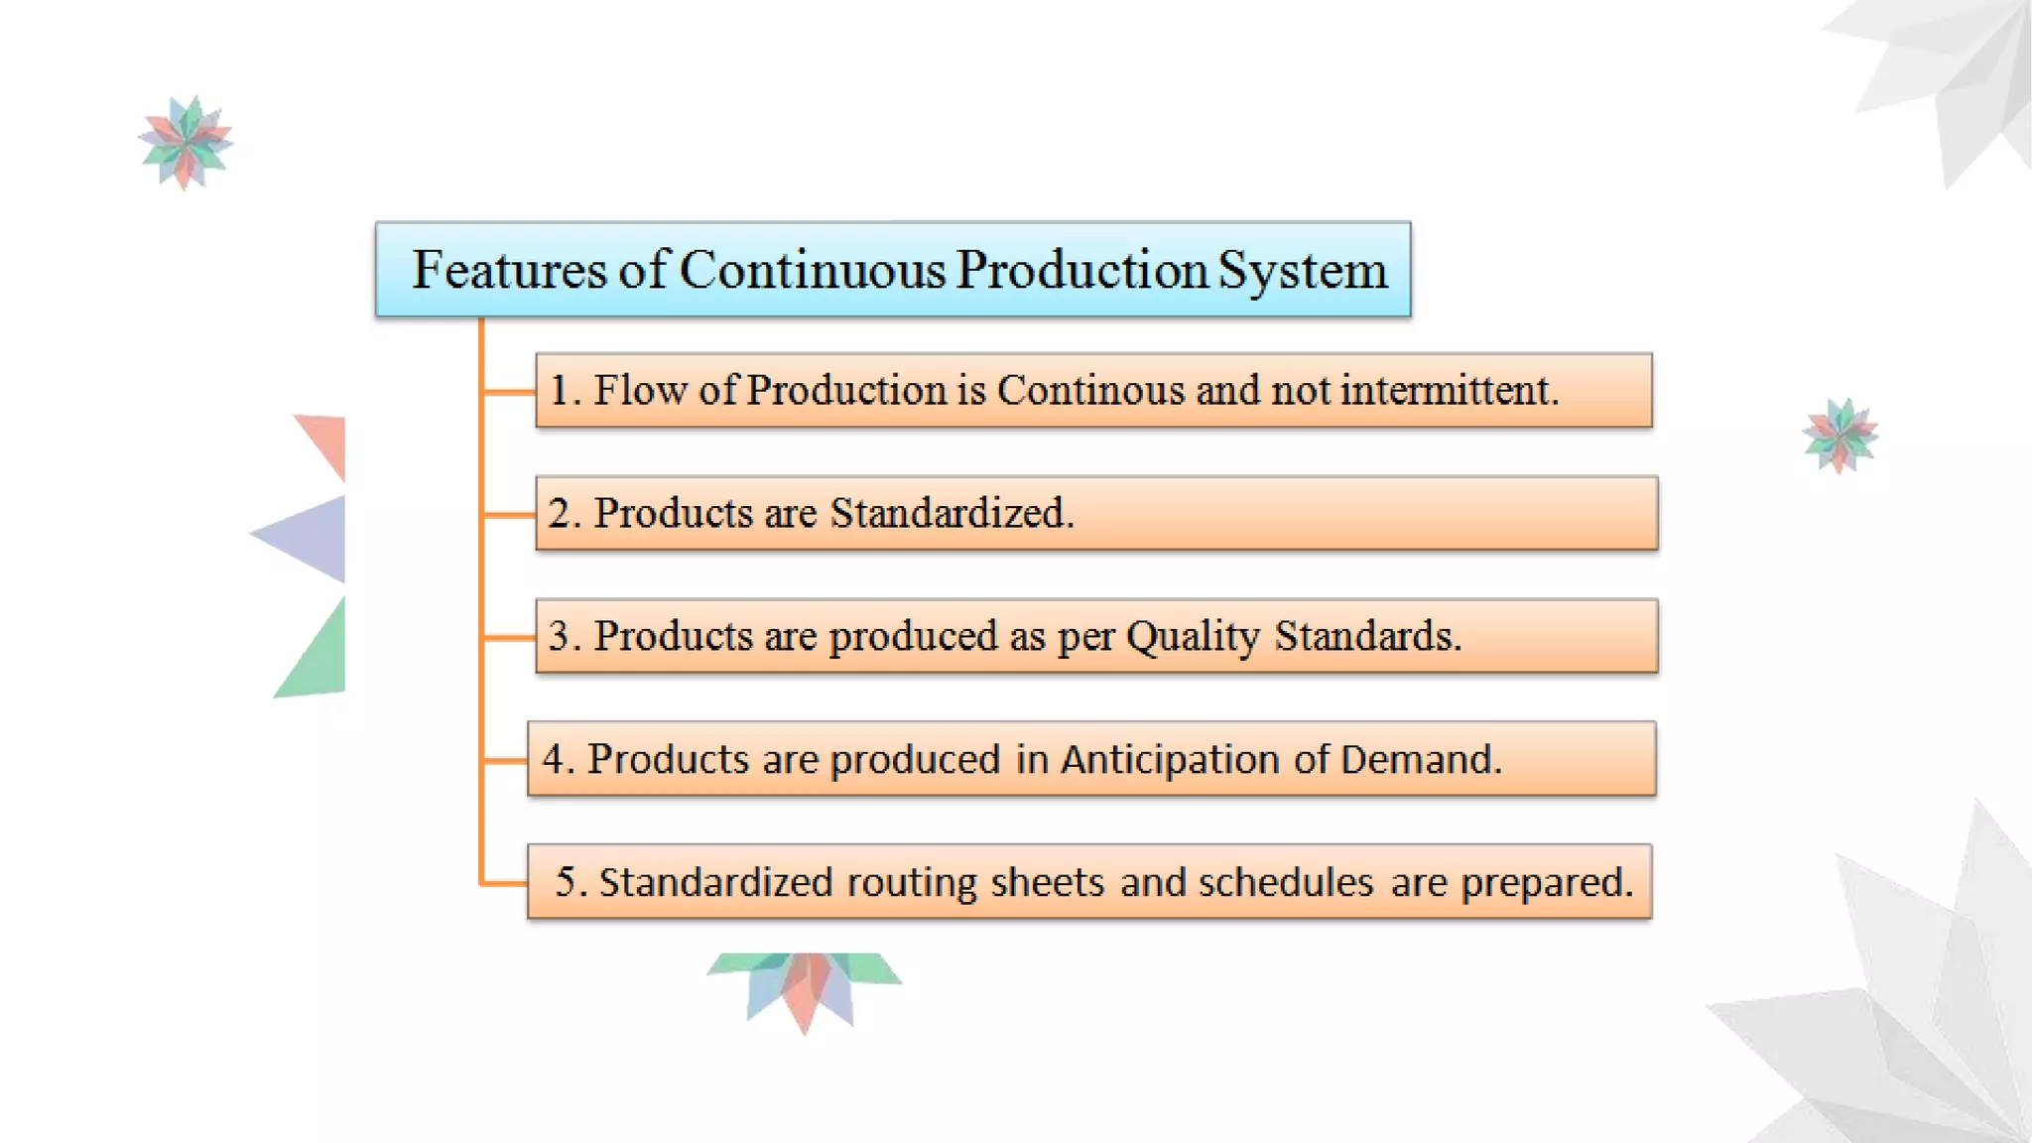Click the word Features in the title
coord(508,270)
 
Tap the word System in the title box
coord(1303,270)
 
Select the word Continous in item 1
coord(1090,390)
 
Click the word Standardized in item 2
coord(950,513)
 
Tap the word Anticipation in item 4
coord(1170,759)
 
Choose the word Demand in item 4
coord(1420,759)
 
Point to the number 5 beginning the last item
coord(566,882)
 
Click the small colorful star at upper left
coord(186,142)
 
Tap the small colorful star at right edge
coord(1841,436)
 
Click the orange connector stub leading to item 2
coord(509,515)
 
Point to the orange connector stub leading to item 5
coord(504,882)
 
